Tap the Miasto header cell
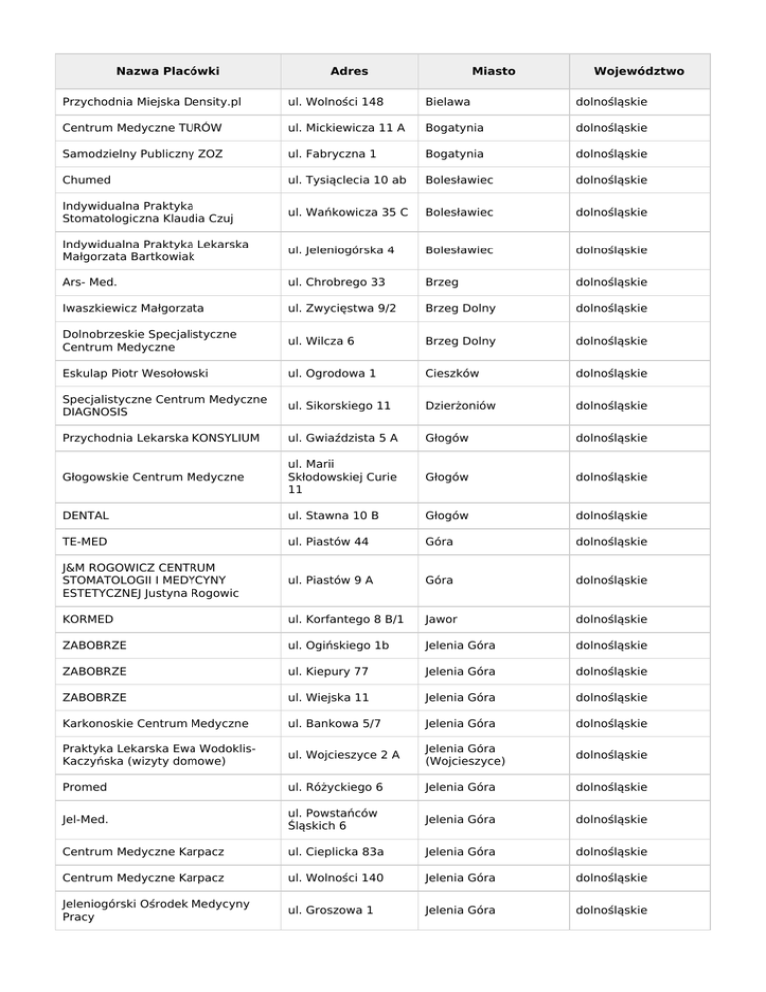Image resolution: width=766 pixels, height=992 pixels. click(x=493, y=71)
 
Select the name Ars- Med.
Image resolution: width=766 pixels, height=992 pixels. click(x=91, y=283)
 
